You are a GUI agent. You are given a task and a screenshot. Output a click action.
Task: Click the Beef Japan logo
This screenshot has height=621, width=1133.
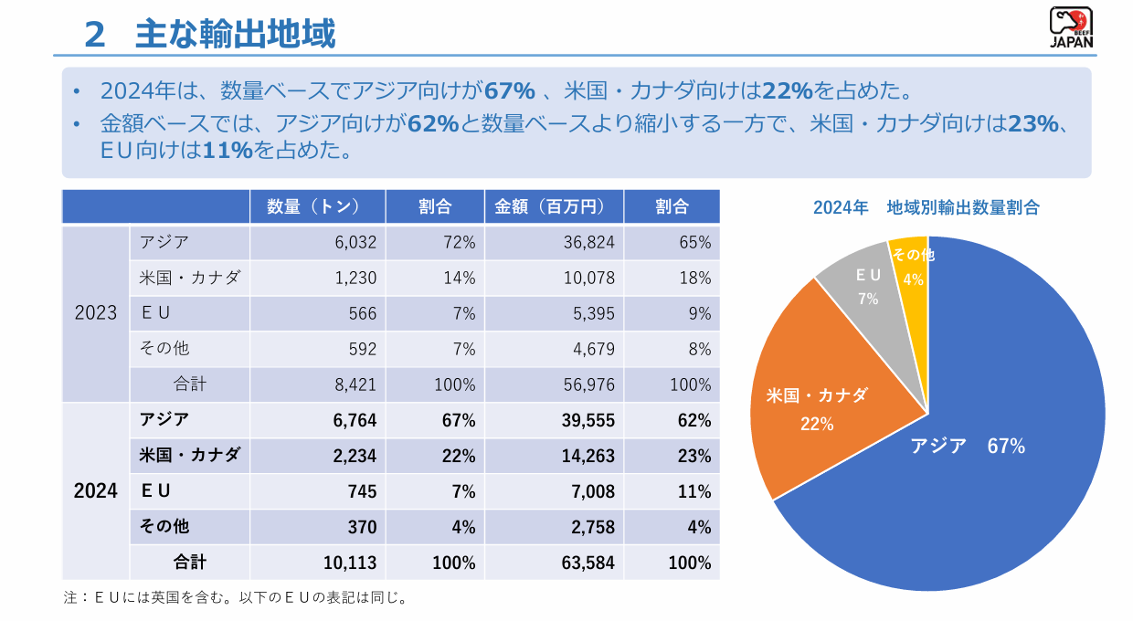click(1071, 28)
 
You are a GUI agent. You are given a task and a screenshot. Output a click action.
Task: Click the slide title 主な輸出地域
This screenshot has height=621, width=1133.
click(235, 34)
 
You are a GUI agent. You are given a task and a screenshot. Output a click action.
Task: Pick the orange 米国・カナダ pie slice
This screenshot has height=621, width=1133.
click(813, 402)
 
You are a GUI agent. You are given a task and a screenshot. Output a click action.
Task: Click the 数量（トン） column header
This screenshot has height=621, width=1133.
click(318, 206)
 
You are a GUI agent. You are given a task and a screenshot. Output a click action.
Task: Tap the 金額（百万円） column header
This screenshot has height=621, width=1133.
click(554, 206)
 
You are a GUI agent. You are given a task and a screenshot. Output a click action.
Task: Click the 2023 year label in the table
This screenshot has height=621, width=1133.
click(96, 313)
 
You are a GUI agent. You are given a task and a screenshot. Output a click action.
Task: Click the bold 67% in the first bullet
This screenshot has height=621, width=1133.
click(509, 91)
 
